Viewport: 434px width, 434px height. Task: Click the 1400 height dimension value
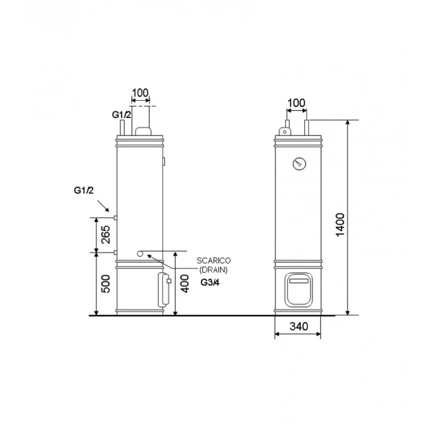tap(340, 225)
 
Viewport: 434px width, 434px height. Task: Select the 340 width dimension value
tap(299, 326)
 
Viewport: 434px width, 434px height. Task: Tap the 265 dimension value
tap(105, 235)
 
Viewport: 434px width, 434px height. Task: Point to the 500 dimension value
tap(105, 284)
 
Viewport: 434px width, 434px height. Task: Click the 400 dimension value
tap(185, 284)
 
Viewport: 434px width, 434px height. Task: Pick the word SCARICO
tap(214, 260)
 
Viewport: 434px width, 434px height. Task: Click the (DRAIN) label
tap(214, 270)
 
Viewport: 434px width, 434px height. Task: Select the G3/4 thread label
tap(210, 282)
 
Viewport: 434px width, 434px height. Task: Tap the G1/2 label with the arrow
tap(83, 190)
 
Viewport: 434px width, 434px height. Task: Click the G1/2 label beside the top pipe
tap(122, 115)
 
